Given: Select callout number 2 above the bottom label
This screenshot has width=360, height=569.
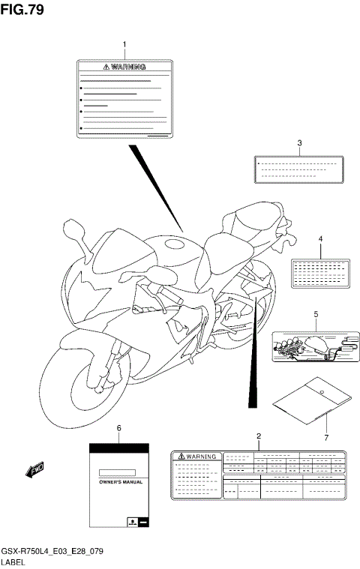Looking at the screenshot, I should [258, 436].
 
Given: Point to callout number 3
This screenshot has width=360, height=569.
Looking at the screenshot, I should [299, 143].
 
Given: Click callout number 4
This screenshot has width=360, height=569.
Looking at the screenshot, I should [320, 240].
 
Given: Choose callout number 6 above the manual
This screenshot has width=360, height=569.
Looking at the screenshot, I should [118, 427].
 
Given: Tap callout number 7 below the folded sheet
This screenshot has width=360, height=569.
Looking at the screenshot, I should [326, 437].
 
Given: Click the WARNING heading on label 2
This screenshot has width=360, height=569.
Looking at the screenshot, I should [196, 456].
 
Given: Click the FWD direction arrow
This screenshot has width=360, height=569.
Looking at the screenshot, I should [35, 471].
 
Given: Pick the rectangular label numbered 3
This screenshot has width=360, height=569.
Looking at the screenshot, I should [298, 169].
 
